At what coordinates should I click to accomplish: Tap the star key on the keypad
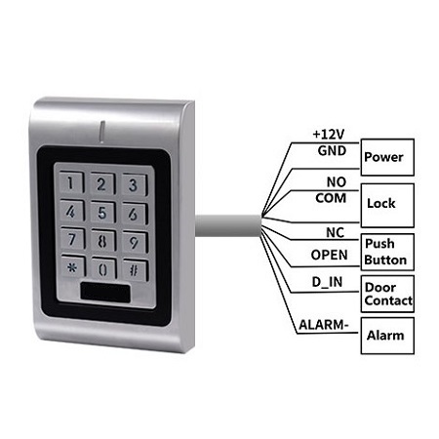point(73,267)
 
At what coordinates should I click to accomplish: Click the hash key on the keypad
point(135,269)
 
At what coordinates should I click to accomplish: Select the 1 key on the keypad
point(71,182)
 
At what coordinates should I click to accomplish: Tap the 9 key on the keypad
point(135,242)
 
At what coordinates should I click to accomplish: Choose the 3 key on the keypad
point(135,184)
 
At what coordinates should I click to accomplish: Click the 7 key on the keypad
point(72,239)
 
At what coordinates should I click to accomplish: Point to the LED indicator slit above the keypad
point(102,132)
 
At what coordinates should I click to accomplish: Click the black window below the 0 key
point(105,293)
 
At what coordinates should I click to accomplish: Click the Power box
point(387,157)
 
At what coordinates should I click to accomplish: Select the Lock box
point(387,206)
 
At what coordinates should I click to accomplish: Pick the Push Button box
point(387,252)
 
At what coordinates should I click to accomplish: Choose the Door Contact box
point(387,294)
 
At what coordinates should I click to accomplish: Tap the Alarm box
point(387,336)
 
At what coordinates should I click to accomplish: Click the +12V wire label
point(328,134)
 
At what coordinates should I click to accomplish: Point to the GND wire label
point(332,151)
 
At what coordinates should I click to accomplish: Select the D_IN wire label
point(327,282)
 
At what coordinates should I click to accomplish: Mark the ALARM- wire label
point(324,325)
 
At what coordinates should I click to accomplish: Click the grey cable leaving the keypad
point(227,225)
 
